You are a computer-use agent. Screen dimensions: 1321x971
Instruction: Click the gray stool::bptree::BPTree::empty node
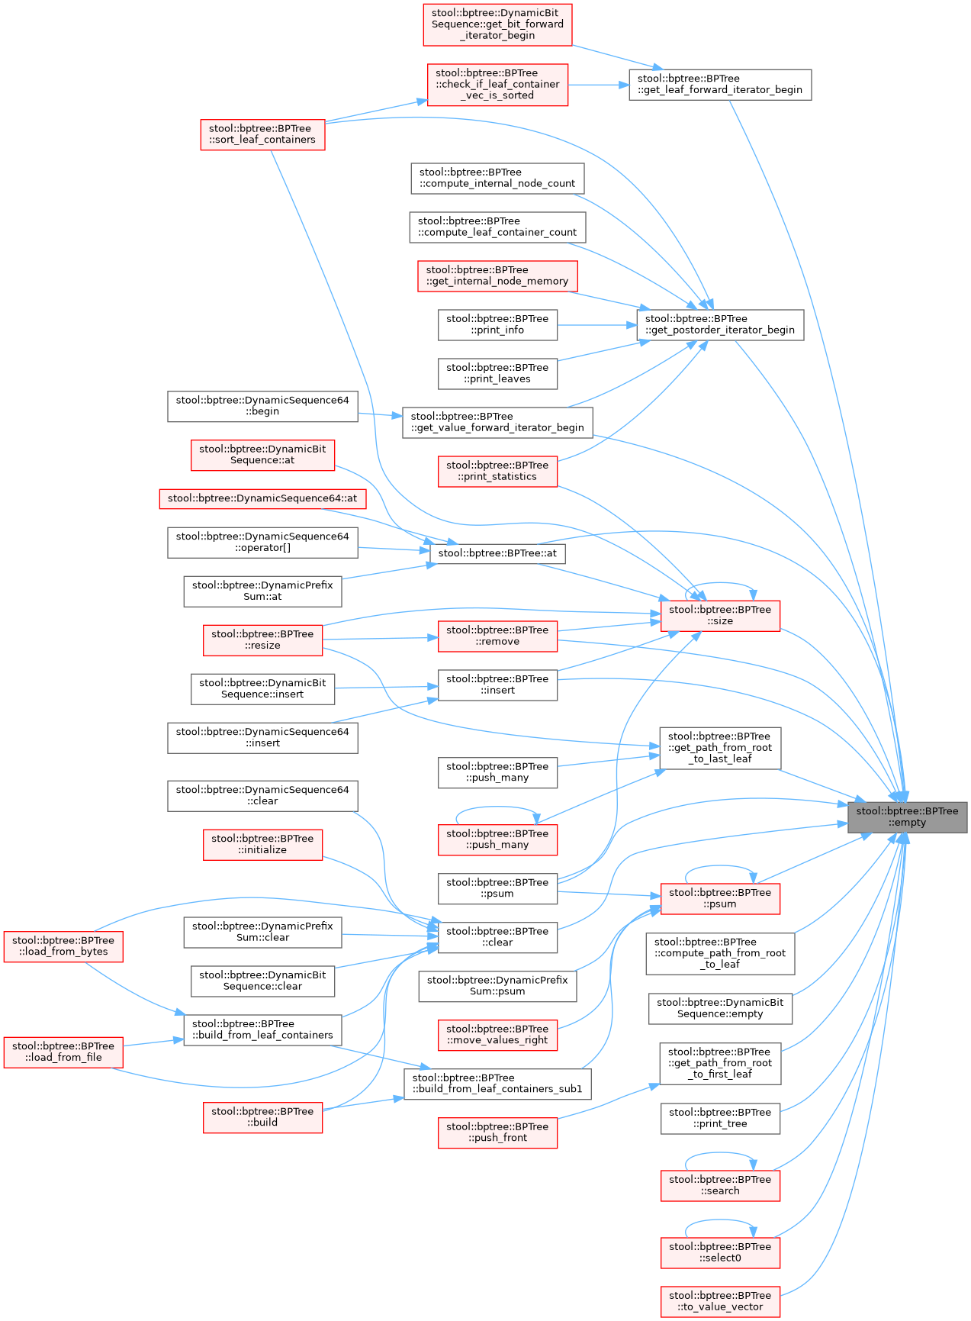[x=907, y=817]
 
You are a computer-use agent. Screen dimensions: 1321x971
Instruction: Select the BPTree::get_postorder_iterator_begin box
[x=719, y=324]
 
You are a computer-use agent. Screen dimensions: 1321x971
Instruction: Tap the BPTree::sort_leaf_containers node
[x=262, y=134]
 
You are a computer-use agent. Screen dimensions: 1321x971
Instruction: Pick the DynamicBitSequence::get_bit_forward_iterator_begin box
[x=497, y=24]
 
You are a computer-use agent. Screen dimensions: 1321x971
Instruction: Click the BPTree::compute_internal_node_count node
[x=497, y=178]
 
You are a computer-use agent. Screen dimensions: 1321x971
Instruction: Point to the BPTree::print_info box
[x=497, y=324]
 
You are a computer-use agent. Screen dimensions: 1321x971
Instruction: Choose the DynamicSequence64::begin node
[x=262, y=406]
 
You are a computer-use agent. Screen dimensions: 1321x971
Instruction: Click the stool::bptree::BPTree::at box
[x=497, y=553]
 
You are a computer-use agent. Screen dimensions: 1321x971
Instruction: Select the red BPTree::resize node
[x=262, y=640]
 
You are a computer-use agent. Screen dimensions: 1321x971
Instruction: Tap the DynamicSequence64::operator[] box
[x=262, y=542]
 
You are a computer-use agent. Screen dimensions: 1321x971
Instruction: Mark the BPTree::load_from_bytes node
[x=63, y=946]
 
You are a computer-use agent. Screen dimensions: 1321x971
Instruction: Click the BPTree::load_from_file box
[x=63, y=1052]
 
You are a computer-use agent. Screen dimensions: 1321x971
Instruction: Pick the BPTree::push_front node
[x=497, y=1133]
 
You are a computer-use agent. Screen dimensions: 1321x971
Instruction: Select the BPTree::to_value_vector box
[x=720, y=1301]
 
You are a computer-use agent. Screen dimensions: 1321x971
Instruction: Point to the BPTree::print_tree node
[x=720, y=1118]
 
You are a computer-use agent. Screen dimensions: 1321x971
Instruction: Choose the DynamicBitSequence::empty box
[x=720, y=1008]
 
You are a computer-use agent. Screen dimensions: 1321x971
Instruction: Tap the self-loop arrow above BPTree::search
[x=719, y=1153]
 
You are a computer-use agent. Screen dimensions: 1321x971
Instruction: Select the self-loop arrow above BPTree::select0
[x=719, y=1220]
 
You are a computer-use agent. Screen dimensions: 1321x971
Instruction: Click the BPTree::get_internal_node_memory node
[x=497, y=275]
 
